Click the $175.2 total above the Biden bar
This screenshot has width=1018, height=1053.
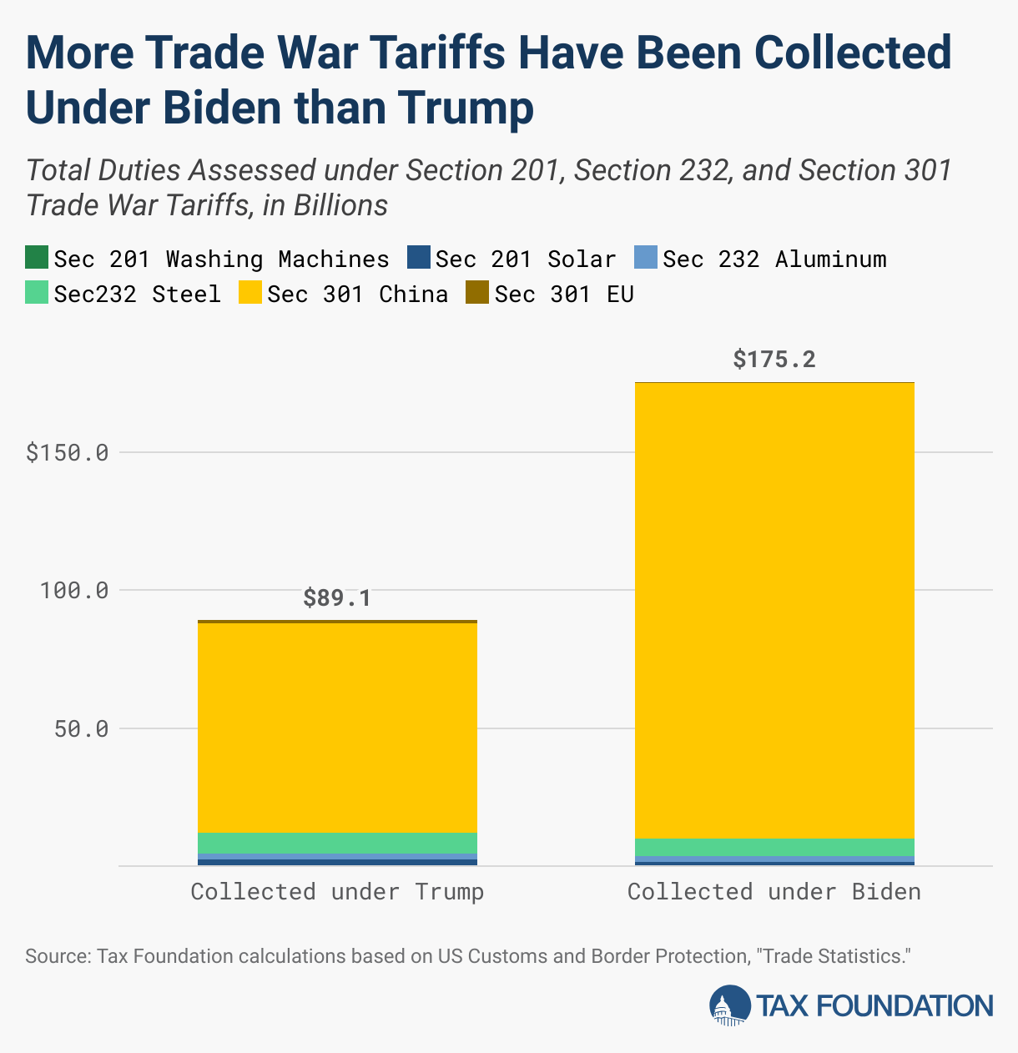point(774,360)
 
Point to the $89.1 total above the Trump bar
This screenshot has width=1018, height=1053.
point(336,598)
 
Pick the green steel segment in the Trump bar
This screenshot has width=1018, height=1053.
point(337,843)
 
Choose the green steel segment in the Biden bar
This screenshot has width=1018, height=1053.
point(774,847)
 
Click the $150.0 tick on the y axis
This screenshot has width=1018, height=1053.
point(68,453)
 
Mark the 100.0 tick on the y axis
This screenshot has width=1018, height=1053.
point(74,591)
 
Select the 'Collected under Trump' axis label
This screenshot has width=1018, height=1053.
point(337,892)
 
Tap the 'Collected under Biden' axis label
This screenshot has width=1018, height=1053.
point(774,892)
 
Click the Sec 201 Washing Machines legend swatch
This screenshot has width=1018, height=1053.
point(37,258)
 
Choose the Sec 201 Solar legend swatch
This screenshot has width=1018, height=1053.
point(418,258)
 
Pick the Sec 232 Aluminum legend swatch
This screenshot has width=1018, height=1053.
point(646,258)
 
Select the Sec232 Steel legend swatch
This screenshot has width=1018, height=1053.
point(37,293)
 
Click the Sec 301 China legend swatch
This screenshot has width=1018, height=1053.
point(249,293)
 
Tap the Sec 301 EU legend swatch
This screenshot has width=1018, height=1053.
point(477,293)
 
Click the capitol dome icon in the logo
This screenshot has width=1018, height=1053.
point(729,1005)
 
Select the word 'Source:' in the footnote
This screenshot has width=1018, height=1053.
point(58,956)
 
